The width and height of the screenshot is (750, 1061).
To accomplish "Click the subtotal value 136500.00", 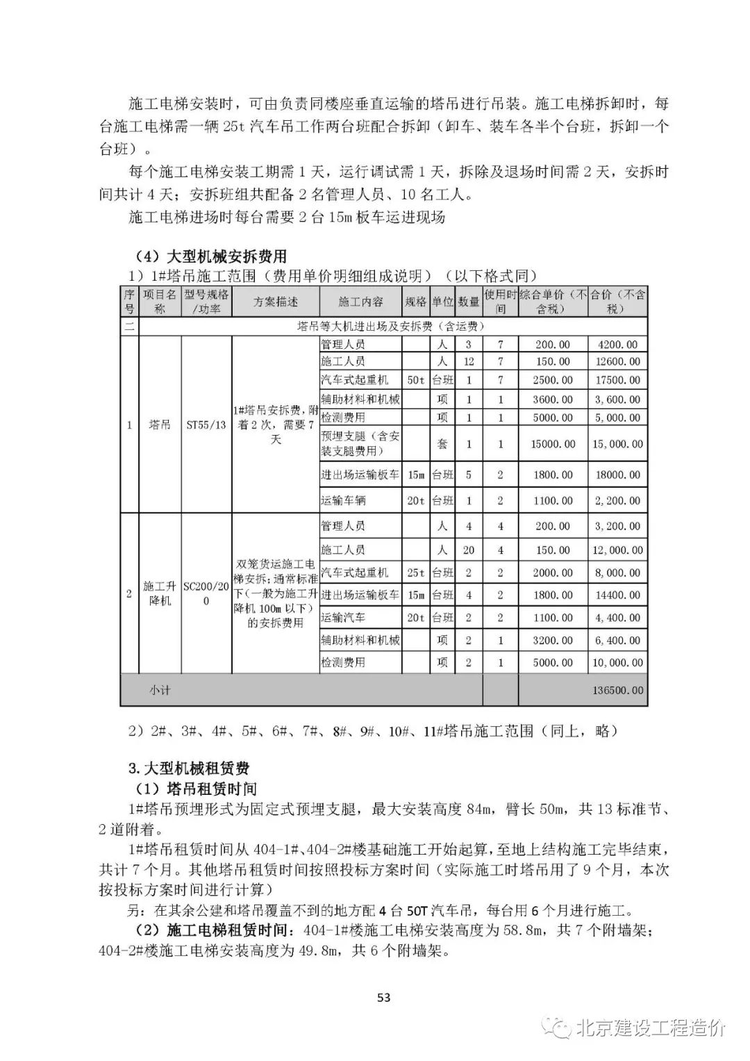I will coord(617,691).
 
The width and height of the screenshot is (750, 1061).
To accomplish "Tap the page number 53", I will coord(383,997).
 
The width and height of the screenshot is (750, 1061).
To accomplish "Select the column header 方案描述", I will coord(275,302).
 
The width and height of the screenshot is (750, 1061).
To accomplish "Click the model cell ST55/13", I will coord(206,425).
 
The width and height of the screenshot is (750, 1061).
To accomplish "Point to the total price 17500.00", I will coord(617,380).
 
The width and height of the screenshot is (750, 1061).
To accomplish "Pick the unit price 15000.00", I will coord(553,443).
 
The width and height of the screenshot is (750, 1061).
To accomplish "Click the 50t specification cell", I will coord(415,380).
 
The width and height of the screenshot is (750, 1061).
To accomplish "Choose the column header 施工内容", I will coord(360,302).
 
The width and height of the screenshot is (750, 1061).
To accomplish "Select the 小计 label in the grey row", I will coord(160,691).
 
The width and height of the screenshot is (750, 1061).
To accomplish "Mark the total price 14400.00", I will coord(617,595).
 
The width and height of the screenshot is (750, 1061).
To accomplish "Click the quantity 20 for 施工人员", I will coord(469,550).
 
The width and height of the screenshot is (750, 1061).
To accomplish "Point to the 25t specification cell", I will coord(415,573).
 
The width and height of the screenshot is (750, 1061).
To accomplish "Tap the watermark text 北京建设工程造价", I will coord(651,1028).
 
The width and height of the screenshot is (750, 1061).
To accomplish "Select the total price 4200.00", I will coord(617,344).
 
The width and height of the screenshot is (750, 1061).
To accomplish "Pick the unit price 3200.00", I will coord(553,640).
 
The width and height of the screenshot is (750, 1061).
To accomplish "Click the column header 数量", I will coord(469,302).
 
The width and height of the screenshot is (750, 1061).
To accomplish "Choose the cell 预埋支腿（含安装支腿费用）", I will coord(360,443).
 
